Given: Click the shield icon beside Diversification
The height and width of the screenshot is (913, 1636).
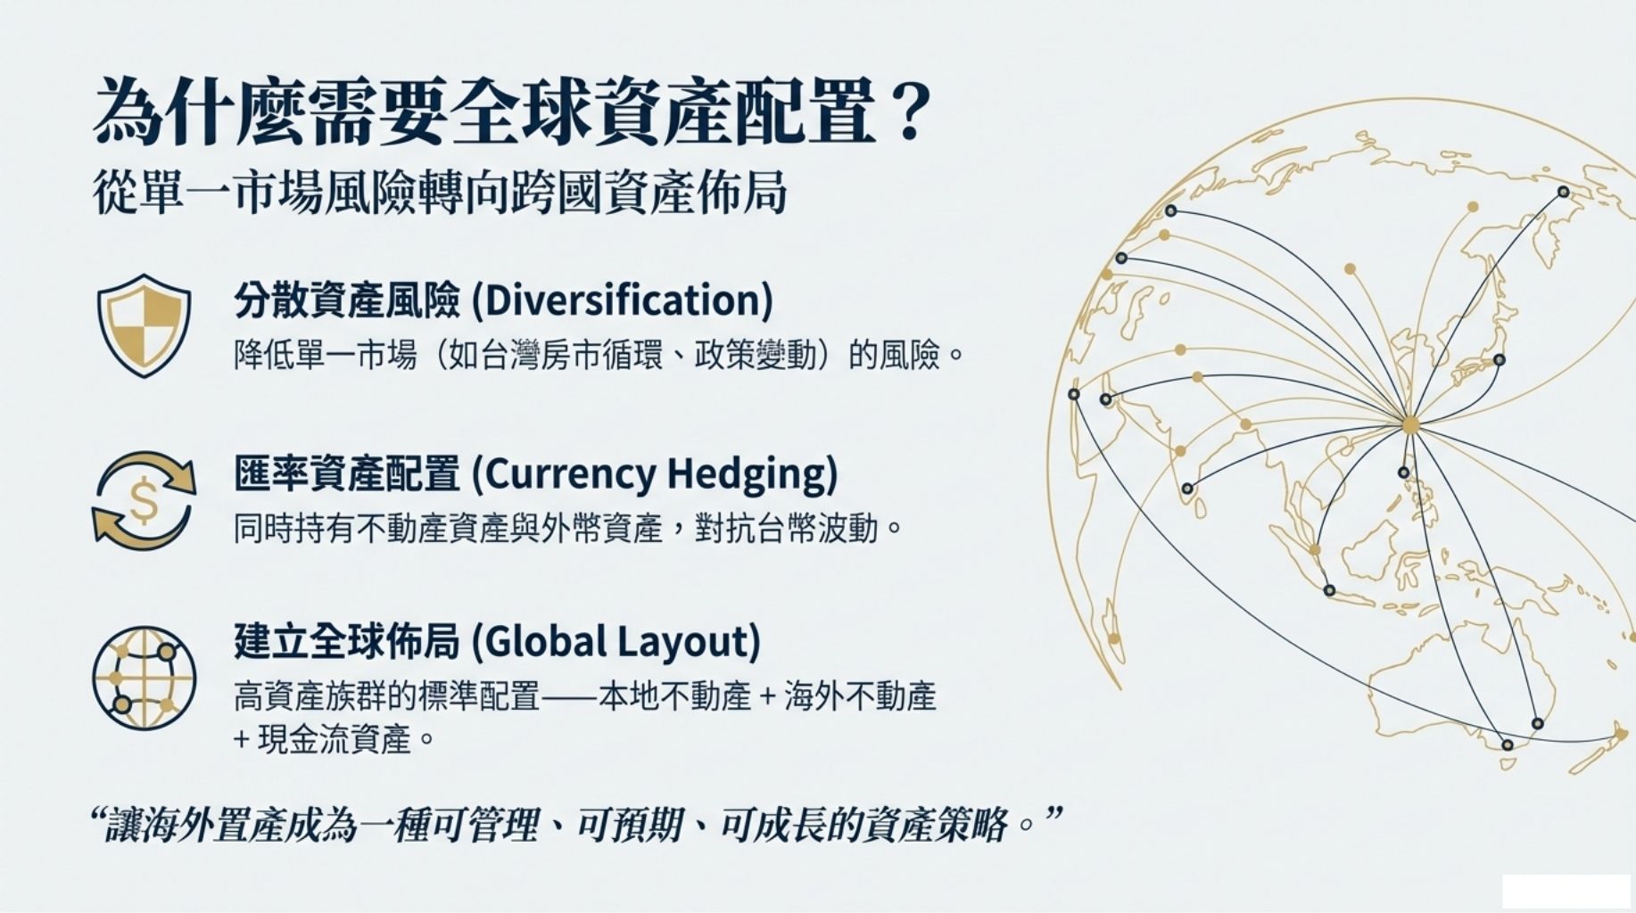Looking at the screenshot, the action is coord(144,325).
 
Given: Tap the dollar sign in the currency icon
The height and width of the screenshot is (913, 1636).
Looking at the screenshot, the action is coord(143,500).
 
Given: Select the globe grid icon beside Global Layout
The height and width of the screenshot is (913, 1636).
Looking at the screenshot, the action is coord(144,678).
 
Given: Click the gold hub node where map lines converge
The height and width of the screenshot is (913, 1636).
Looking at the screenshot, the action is coord(1410,425).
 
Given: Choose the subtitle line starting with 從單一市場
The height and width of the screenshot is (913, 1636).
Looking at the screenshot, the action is coord(440,193).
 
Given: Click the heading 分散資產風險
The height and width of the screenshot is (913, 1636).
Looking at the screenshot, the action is coord(347,300).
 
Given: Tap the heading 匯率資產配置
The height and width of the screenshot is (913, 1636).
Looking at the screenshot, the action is coord(347,474).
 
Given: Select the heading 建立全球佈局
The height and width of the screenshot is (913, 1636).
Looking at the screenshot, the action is coord(347,642).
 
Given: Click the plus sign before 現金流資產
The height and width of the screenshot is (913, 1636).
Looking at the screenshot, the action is coord(240,739).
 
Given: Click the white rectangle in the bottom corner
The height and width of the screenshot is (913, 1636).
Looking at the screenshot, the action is coord(1566,892).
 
